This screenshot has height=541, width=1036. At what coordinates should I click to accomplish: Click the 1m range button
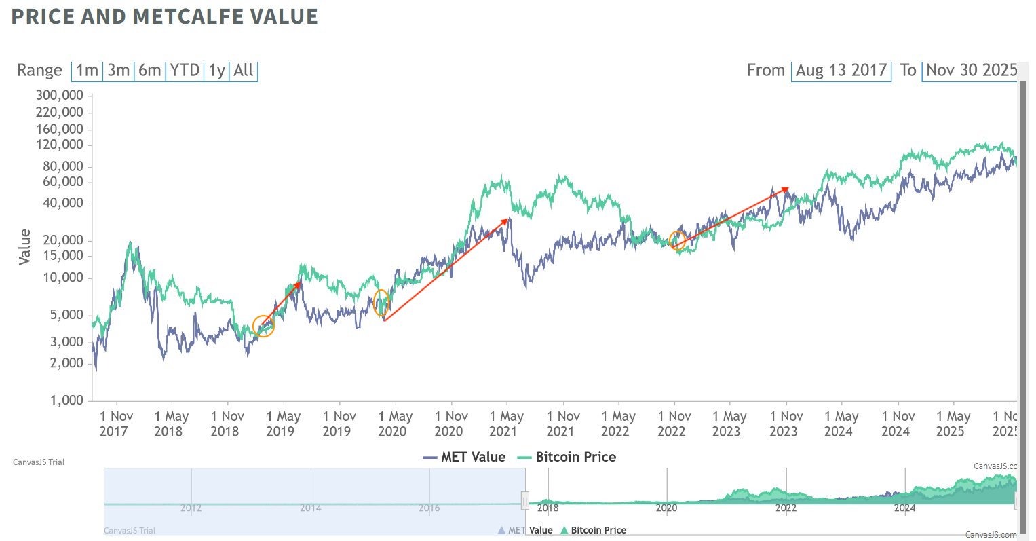click(x=87, y=71)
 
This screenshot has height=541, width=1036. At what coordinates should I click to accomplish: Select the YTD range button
click(x=185, y=71)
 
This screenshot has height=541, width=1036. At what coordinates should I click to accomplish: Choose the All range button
click(x=244, y=71)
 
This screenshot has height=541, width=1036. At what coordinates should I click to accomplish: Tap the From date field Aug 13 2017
click(x=841, y=71)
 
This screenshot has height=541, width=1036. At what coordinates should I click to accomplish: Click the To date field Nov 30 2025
click(x=971, y=71)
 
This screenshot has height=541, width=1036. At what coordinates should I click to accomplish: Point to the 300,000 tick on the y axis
click(x=60, y=95)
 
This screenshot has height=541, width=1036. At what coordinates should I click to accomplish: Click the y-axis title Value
click(x=25, y=247)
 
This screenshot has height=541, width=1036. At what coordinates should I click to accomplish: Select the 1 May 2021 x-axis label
click(x=507, y=424)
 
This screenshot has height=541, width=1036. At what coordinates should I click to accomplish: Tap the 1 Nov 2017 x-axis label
click(x=117, y=424)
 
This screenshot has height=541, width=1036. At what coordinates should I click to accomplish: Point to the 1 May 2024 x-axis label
click(x=841, y=424)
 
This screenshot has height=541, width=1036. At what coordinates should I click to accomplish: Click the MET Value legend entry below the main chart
click(x=465, y=457)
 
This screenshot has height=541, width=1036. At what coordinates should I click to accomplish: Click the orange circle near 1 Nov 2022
click(x=677, y=240)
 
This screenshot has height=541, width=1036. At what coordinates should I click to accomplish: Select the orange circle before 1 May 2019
click(x=263, y=327)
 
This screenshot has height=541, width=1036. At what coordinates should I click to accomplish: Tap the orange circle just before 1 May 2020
click(x=381, y=302)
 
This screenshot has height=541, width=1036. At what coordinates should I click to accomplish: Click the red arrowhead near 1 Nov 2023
click(x=785, y=189)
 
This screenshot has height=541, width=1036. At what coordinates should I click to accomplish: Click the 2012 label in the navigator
click(x=191, y=508)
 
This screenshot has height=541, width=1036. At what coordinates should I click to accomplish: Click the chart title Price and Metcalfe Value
click(x=164, y=16)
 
